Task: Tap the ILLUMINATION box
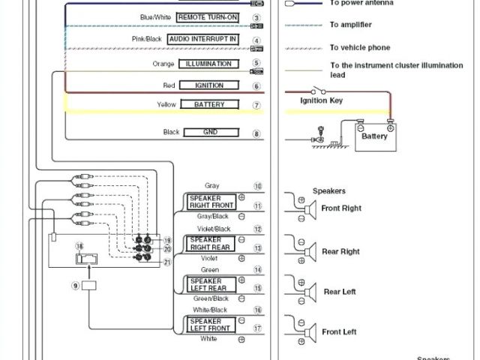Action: point(208,64)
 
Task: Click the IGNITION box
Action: point(209,85)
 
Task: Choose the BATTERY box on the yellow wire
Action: point(209,105)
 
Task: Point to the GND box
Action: point(209,133)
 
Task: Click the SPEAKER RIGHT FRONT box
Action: point(212,201)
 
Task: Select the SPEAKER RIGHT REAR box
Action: point(211,243)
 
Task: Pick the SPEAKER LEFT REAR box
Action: point(211,283)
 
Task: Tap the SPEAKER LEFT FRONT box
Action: point(211,324)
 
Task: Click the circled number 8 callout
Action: point(256,133)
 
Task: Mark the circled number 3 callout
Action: point(256,17)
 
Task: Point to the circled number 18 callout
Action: point(79,245)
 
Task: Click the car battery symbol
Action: point(374,137)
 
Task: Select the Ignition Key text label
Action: point(322,100)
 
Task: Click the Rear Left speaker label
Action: point(340,292)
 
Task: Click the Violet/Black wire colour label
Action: point(213,229)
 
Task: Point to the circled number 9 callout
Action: point(75,285)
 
